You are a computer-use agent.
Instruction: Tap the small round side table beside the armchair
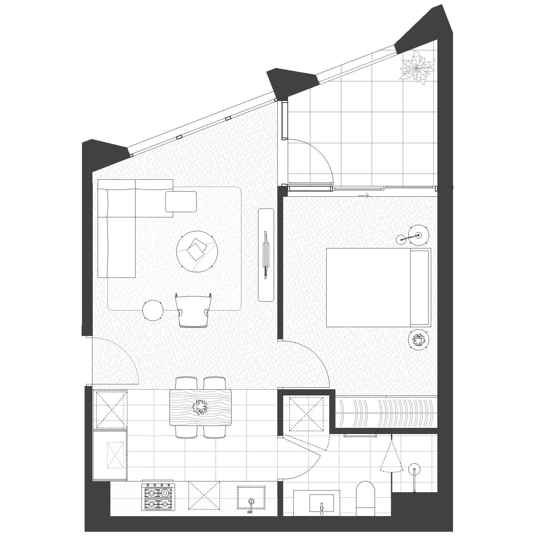pyautogui.click(x=153, y=310)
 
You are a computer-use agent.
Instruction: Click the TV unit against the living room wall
pyautogui.click(x=266, y=255)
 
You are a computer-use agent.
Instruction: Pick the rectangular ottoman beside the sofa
pyautogui.click(x=181, y=202)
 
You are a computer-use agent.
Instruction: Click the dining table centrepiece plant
pyautogui.click(x=200, y=407)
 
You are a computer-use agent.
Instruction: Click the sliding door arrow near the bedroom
pyautogui.click(x=364, y=196)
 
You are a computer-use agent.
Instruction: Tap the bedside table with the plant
pyautogui.click(x=418, y=340)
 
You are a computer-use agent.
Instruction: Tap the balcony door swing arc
pyautogui.click(x=322, y=154)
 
